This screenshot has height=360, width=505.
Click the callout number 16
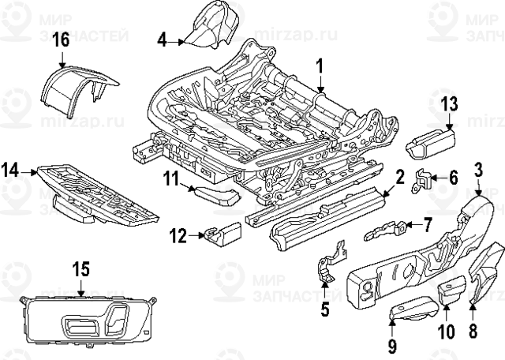[x=61, y=39]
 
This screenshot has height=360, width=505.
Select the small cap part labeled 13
[x=428, y=144]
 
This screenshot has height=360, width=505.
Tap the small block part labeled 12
[x=226, y=232]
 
